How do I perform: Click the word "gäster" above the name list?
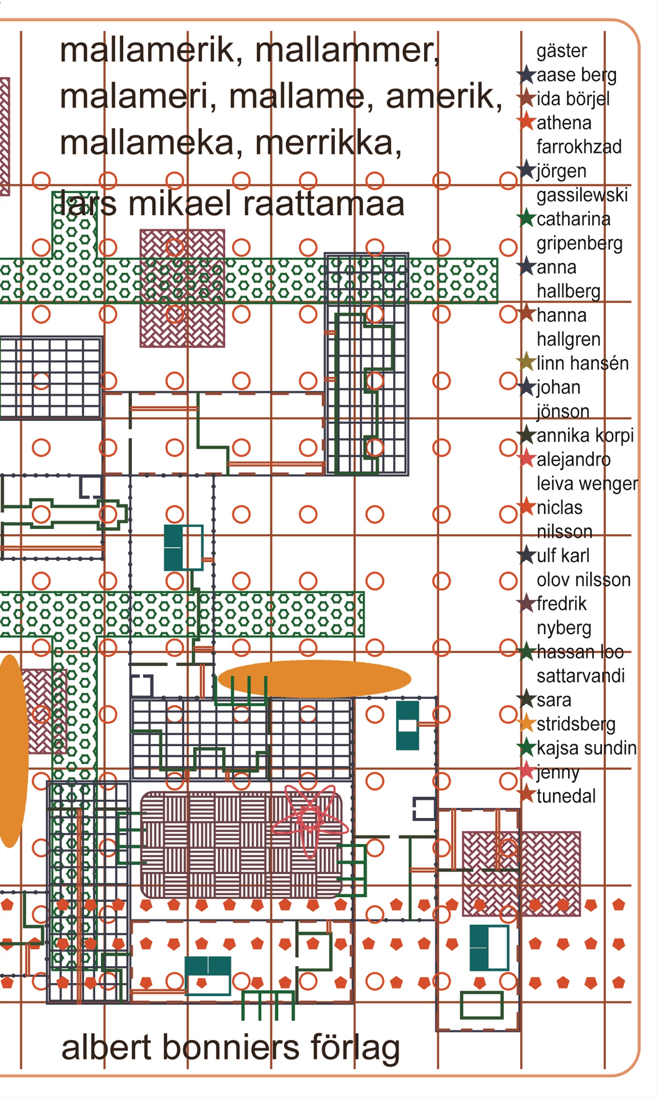(561, 51)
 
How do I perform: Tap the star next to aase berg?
(526, 75)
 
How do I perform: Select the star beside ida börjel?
(526, 98)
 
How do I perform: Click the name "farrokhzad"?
(579, 147)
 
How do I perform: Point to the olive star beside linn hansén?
(526, 362)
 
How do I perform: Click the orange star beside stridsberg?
(527, 723)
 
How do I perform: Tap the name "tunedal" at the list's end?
(566, 796)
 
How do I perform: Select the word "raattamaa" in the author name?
(324, 204)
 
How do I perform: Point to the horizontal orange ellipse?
(314, 678)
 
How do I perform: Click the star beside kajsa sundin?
(527, 748)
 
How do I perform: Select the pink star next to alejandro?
(527, 459)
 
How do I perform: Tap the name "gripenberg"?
(579, 243)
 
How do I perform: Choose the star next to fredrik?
(527, 603)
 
